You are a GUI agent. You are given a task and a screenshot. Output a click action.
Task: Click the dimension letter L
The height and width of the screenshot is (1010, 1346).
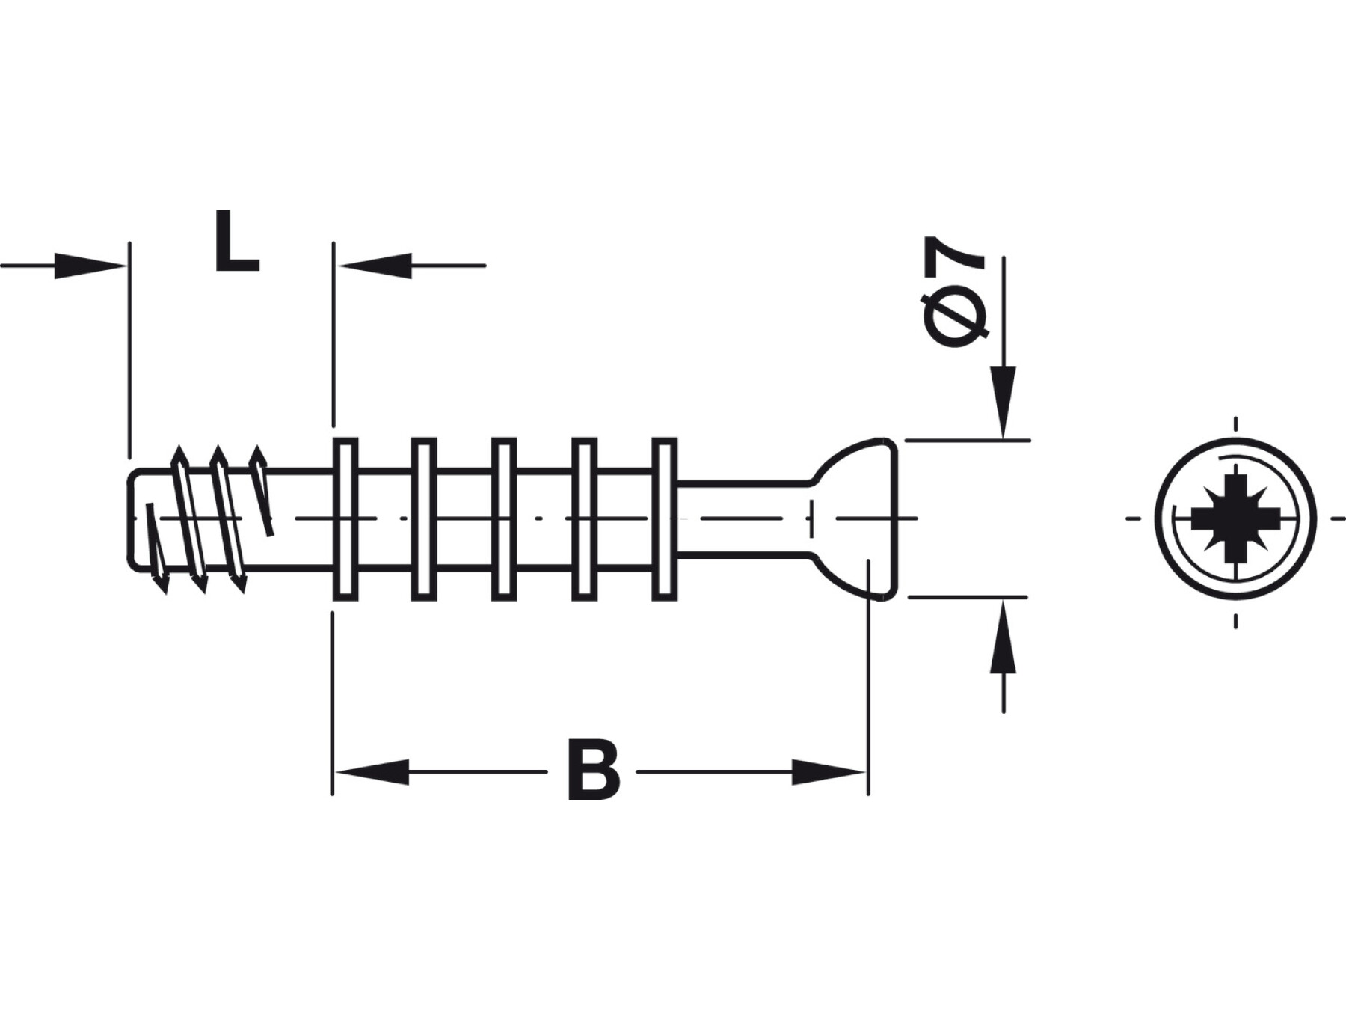click(x=236, y=241)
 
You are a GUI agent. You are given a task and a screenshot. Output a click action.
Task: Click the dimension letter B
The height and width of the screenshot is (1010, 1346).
click(x=594, y=770)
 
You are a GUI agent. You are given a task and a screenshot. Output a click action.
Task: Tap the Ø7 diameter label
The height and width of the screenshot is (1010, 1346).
click(x=955, y=292)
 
